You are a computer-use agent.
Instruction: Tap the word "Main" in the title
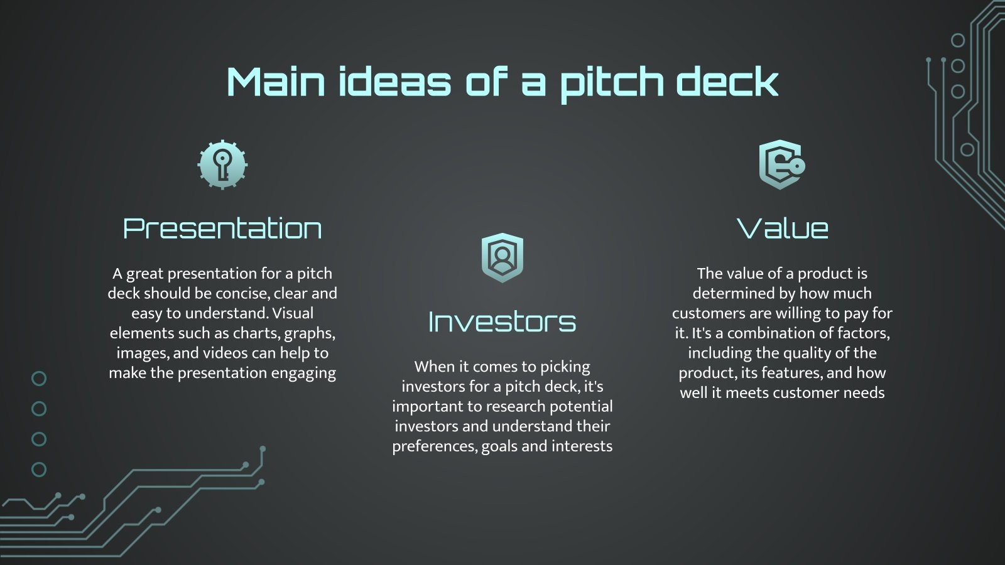click(276, 82)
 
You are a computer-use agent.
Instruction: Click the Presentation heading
click(222, 229)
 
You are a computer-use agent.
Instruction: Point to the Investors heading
click(502, 322)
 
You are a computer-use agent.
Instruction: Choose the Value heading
click(782, 229)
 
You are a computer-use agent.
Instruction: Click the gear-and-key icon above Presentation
click(222, 164)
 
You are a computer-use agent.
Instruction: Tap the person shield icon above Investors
click(502, 257)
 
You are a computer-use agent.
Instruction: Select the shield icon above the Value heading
click(781, 164)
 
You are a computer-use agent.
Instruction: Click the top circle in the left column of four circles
click(39, 379)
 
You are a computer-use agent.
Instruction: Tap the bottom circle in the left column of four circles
click(39, 469)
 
